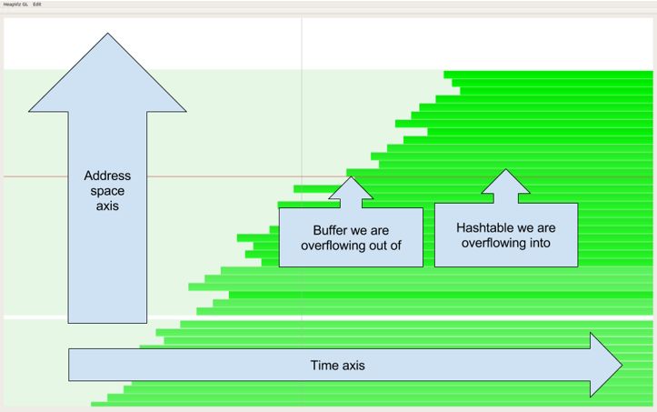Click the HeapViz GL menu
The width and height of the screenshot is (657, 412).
tap(14, 5)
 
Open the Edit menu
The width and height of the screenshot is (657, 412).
tap(37, 5)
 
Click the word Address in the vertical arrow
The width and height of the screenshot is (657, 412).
tap(107, 176)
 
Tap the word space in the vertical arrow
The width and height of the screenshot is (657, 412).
tap(107, 191)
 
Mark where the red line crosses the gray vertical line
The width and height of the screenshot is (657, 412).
tap(302, 176)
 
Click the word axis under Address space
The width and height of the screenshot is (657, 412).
tap(107, 206)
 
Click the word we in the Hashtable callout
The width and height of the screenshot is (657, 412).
tap(529, 227)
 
